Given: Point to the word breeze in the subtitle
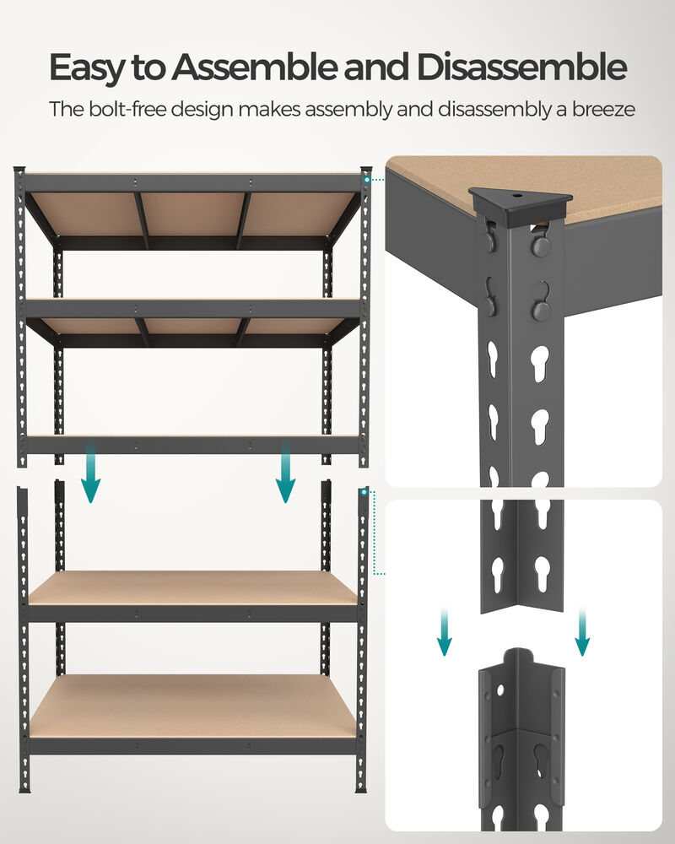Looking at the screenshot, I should click(x=600, y=110).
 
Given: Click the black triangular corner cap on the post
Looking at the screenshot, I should click(x=520, y=203).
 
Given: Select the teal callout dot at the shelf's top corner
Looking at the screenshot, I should click(x=367, y=179).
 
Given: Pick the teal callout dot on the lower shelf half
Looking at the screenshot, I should click(x=364, y=491).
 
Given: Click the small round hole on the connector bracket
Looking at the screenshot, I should click(x=501, y=690).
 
